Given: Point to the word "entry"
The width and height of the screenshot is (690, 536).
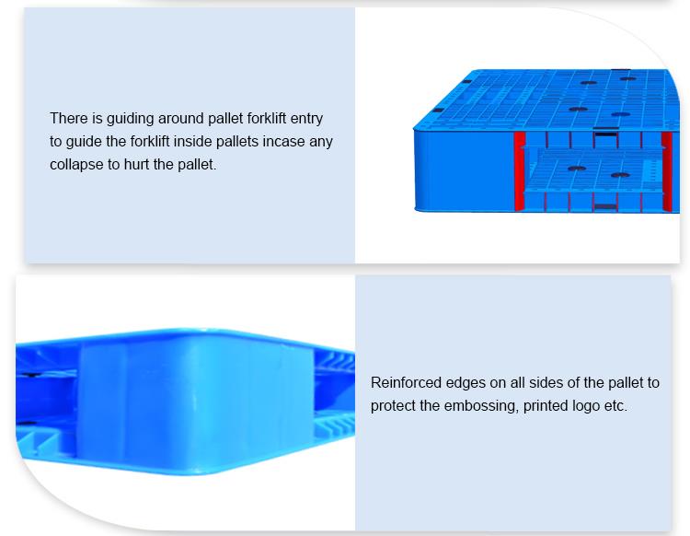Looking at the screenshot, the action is tap(306, 119).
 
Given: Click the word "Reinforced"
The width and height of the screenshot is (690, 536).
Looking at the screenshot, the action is tap(406, 382).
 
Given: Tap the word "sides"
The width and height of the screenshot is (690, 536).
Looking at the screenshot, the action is tap(546, 382).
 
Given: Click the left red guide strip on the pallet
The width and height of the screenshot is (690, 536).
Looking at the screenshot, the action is tap(520, 171).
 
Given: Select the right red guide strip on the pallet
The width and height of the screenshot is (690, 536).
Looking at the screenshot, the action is tap(667, 172).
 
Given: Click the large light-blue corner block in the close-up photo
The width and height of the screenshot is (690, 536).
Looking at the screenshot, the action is tap(196, 403).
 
